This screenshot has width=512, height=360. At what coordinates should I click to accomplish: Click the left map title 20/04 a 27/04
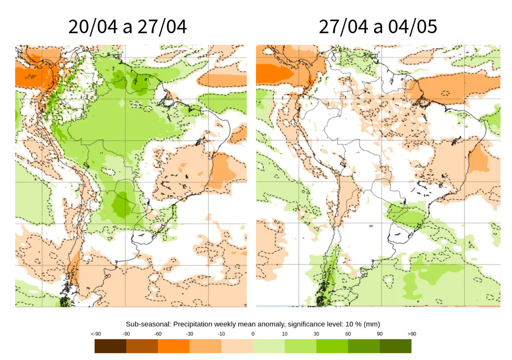coord(127,27)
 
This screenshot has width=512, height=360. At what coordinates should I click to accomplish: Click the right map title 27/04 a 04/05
coord(378,27)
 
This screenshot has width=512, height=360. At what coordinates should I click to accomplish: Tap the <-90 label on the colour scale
coord(94,333)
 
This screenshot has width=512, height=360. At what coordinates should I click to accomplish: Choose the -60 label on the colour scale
coord(158,333)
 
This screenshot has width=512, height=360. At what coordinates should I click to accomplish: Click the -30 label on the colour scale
coord(189,333)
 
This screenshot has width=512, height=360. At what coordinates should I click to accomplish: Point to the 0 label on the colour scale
coord(253,333)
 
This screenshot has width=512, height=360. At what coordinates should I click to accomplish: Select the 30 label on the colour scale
coord(316,333)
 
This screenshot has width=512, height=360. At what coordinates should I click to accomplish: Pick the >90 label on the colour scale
coord(411,333)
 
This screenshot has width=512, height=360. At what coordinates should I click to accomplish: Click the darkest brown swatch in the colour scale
coord(110,346)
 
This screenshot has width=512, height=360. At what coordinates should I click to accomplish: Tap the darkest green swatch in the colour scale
coord(395,346)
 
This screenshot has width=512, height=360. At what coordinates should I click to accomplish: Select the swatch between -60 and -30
coord(174,346)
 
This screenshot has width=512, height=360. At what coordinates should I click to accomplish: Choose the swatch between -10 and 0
coord(237,346)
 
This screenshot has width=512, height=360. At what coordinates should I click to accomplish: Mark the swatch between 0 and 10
coord(269,346)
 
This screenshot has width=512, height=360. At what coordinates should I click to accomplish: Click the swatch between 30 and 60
coord(332,346)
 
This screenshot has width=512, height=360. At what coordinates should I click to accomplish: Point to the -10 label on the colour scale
coord(221,333)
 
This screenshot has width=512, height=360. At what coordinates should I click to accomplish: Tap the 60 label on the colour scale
coord(348,333)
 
